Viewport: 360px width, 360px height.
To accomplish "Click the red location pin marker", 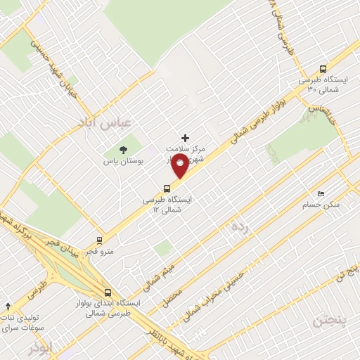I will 180,167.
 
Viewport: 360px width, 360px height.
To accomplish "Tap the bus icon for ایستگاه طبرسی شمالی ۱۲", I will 167,188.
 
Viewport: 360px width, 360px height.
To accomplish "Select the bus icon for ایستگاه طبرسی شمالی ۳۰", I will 323,70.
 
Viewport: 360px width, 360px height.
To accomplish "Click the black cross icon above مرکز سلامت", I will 186,138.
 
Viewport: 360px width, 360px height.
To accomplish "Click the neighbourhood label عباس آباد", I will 105,124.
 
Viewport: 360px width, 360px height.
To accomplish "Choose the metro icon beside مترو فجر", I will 98,240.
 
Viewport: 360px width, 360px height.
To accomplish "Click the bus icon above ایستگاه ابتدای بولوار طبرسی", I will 108,292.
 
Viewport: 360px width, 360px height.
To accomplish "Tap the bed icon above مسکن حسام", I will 321,193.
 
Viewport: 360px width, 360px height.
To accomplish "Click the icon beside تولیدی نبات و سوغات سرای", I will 8,307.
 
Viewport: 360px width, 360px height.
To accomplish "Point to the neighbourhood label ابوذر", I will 41,349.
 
